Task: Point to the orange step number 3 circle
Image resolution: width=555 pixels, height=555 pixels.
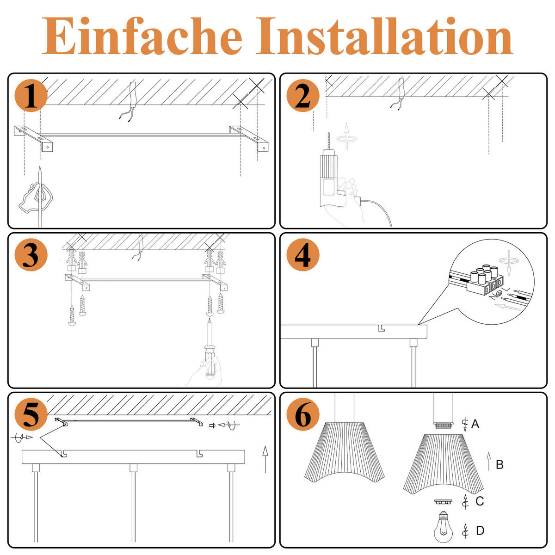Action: coord(31,255)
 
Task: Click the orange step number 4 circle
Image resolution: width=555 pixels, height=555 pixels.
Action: coord(302,255)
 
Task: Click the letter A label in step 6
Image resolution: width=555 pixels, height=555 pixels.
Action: coord(475,424)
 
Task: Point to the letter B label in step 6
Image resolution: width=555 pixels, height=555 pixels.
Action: coord(499,464)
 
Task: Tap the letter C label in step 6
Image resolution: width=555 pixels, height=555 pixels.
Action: coord(480,501)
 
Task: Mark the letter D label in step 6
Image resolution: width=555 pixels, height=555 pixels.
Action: coord(480,530)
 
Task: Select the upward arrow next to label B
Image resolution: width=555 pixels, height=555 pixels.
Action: coord(488,462)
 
